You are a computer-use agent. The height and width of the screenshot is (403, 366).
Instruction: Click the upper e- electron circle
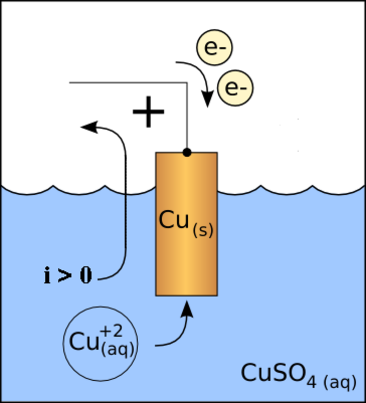click(214, 48)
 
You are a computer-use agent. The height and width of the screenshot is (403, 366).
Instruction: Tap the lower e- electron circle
click(235, 88)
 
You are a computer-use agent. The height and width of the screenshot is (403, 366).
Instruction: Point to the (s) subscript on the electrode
click(203, 231)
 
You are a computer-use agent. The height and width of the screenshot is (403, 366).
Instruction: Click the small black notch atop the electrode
click(187, 154)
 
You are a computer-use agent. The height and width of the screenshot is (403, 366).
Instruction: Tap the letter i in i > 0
click(47, 275)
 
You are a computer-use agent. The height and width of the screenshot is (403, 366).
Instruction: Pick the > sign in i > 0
click(65, 276)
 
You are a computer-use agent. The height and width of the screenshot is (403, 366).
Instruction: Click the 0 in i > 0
click(85, 276)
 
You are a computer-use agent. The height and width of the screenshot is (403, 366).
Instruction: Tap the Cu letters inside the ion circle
click(84, 342)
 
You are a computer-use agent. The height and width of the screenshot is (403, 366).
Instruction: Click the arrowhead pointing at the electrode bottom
click(187, 309)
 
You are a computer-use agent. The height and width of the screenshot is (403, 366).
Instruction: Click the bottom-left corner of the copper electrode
click(156, 295)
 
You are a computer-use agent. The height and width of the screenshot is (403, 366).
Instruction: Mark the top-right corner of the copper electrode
click(216, 153)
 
